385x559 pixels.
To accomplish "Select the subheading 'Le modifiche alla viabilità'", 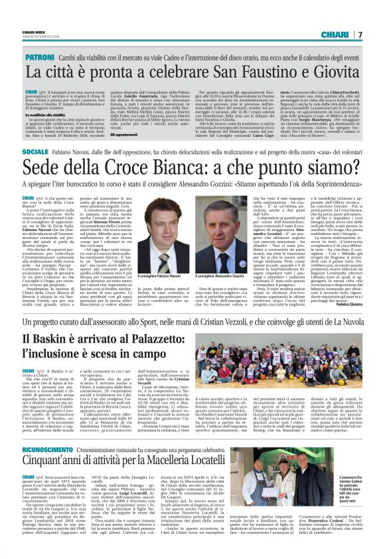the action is tap(46, 114).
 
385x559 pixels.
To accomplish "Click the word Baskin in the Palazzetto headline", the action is tap(50, 359).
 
